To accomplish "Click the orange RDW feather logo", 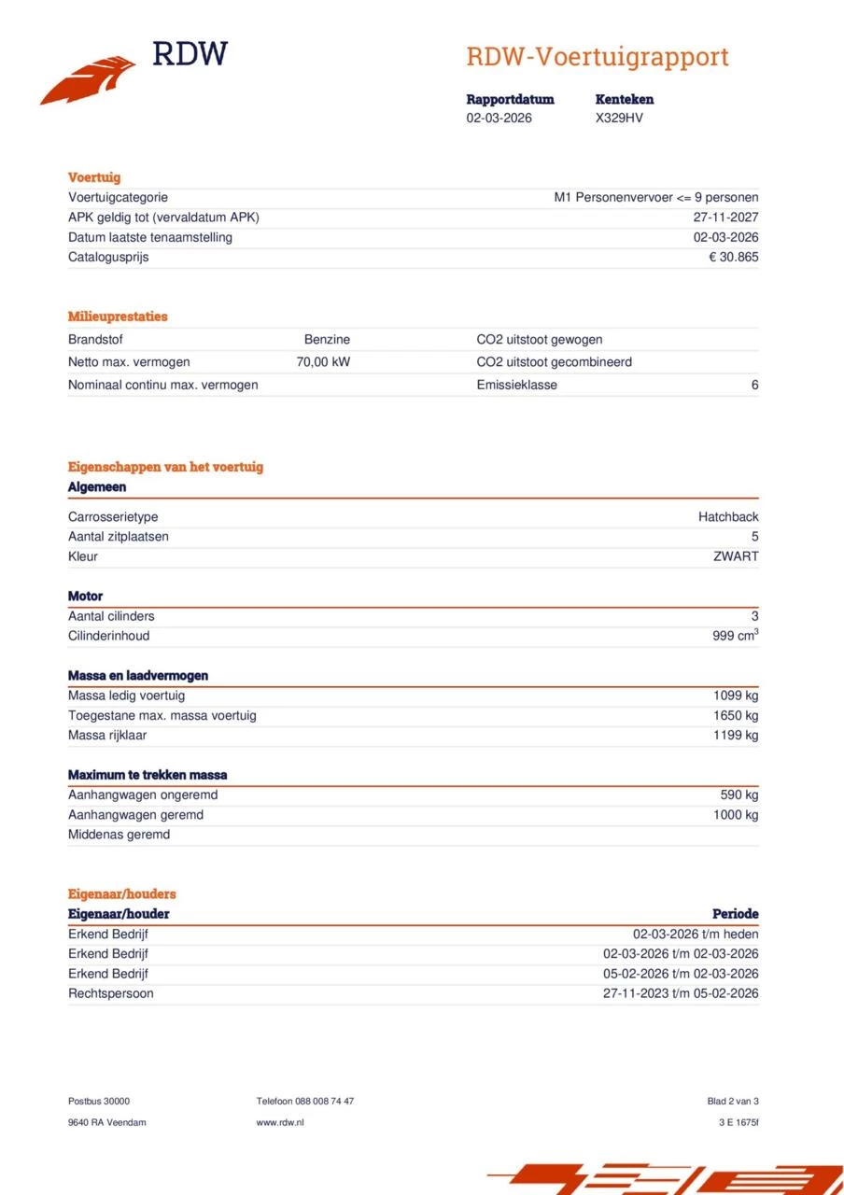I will click(89, 81).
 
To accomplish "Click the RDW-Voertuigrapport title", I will click(597, 57).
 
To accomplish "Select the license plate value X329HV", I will click(619, 119).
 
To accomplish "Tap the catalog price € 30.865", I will click(733, 257).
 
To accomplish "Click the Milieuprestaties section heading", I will click(118, 316).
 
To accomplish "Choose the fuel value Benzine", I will click(327, 340).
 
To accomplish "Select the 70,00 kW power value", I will click(323, 362).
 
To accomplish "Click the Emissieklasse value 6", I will click(754, 385).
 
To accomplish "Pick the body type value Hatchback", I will click(728, 517).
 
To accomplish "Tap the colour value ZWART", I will click(736, 556).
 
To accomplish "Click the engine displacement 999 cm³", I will click(735, 636).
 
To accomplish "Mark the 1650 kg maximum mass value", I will click(736, 716).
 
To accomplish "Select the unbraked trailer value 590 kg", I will click(738, 795).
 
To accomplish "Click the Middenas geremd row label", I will click(119, 835).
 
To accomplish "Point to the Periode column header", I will click(735, 914).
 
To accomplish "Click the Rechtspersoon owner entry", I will click(110, 993).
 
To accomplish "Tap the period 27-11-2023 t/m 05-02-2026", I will click(681, 993).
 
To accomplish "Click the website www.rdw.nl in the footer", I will click(280, 1122).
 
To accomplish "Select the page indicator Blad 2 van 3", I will click(733, 1102).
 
